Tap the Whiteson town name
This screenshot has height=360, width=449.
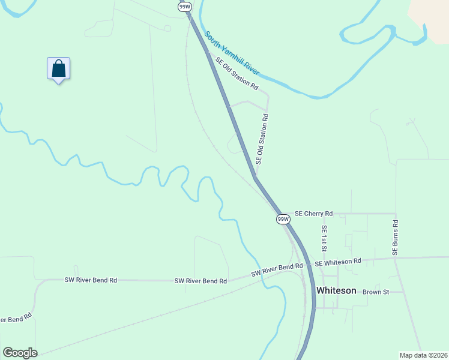click(x=336, y=290)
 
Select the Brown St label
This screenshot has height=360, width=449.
click(x=376, y=292)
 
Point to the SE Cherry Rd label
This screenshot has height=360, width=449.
click(x=313, y=214)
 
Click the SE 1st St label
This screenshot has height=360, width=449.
click(x=324, y=239)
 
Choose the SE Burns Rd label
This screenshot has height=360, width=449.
click(x=396, y=238)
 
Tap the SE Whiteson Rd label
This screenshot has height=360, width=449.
click(x=338, y=262)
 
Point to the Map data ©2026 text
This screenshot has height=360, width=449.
click(x=423, y=355)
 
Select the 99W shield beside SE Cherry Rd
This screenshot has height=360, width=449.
click(x=283, y=220)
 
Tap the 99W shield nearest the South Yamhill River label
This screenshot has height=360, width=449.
click(x=184, y=6)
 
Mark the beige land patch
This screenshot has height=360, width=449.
click(x=432, y=18)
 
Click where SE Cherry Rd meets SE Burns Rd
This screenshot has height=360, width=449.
click(x=396, y=214)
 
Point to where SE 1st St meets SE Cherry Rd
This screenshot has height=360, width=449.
click(x=324, y=214)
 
